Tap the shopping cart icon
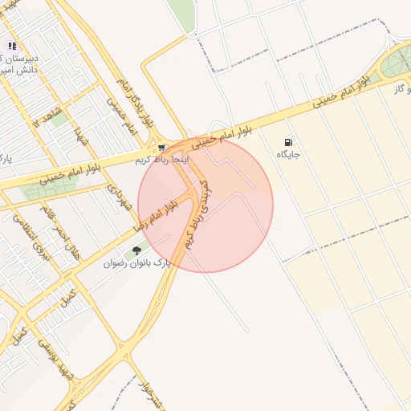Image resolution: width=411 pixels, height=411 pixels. coord(162,148)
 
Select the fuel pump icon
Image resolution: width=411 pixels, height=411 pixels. coord(288,142)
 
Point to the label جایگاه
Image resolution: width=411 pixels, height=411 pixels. coord(288,153)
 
